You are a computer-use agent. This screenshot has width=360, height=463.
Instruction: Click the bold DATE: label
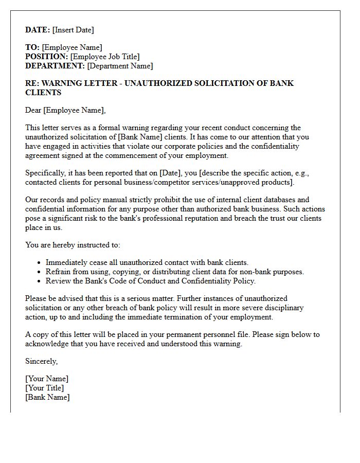point(38,30)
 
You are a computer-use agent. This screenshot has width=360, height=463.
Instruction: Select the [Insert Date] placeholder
point(73,30)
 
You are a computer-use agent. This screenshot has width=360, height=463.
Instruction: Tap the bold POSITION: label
point(46,57)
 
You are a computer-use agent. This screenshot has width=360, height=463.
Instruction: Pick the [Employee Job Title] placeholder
point(105,57)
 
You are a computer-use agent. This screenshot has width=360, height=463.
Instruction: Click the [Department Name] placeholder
point(120,66)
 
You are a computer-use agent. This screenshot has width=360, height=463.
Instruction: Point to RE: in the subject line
point(32,83)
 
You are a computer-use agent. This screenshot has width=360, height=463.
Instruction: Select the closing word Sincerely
point(42,361)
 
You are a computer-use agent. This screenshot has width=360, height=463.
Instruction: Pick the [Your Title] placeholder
point(45,388)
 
